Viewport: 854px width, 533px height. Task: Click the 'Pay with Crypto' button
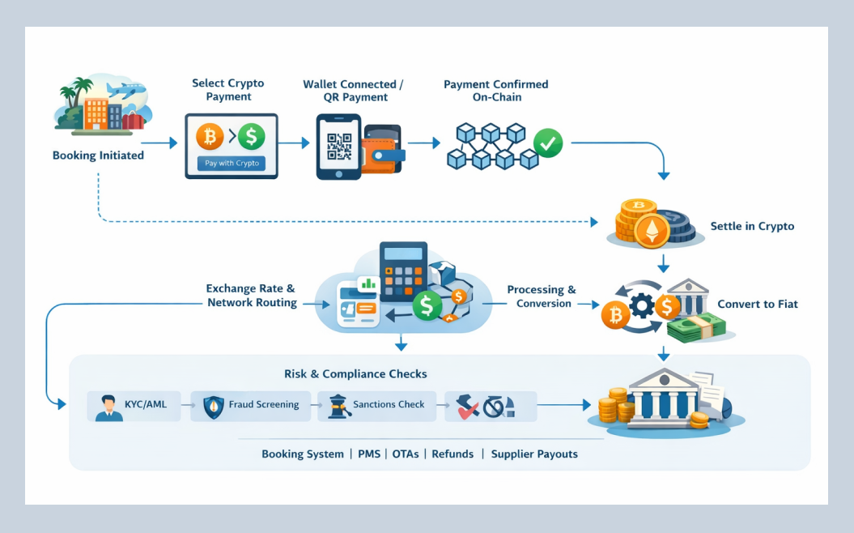pyautogui.click(x=232, y=163)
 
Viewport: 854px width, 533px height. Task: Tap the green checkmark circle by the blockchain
pyautogui.click(x=548, y=144)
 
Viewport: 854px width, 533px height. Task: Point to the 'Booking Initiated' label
pyautogui.click(x=98, y=156)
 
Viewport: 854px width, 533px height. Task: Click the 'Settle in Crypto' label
pyautogui.click(x=752, y=226)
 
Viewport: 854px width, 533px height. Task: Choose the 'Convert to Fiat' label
pyautogui.click(x=757, y=304)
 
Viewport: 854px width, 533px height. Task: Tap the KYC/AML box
pyautogui.click(x=133, y=405)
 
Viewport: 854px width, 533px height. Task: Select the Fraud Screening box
pyautogui.click(x=251, y=405)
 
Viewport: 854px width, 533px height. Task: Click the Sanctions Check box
pyautogui.click(x=376, y=405)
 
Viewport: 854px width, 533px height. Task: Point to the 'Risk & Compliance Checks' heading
pyautogui.click(x=355, y=374)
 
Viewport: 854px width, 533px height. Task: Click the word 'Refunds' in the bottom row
pyautogui.click(x=452, y=454)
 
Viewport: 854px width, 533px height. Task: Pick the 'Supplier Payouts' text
pyautogui.click(x=534, y=454)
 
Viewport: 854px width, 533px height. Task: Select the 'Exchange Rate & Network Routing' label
pyautogui.click(x=251, y=296)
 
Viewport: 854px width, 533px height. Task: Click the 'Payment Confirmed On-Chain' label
pyautogui.click(x=495, y=91)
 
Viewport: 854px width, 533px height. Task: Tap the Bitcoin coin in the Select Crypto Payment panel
pyautogui.click(x=209, y=136)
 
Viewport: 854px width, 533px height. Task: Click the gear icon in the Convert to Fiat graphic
pyautogui.click(x=641, y=306)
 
